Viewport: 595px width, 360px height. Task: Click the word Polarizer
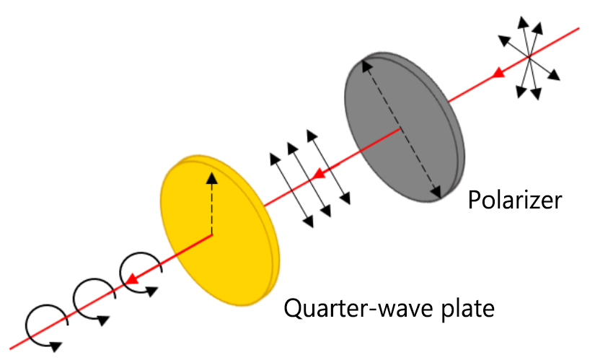(514, 199)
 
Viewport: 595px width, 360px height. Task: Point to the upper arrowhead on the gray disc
(366, 65)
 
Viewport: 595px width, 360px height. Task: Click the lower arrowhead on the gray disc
(436, 192)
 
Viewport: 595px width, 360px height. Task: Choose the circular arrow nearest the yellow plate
(141, 272)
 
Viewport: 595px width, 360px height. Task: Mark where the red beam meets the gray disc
(401, 129)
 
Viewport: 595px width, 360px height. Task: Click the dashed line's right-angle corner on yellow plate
(211, 235)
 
